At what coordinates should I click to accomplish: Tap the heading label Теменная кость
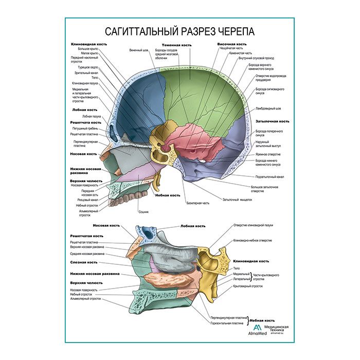(x=176, y=45)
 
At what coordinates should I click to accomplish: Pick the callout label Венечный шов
(x=138, y=50)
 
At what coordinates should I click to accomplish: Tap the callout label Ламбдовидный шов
(x=268, y=109)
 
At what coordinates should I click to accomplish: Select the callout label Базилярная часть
(x=198, y=203)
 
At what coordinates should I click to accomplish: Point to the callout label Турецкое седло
(x=87, y=67)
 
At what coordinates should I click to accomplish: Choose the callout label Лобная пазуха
(x=91, y=116)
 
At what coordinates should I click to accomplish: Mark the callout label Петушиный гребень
(x=88, y=128)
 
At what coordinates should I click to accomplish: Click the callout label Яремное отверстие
(x=267, y=154)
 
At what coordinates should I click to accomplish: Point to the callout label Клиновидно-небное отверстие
(x=253, y=241)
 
